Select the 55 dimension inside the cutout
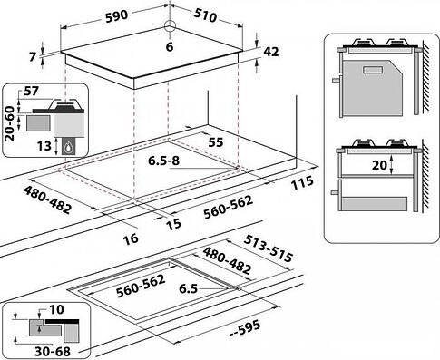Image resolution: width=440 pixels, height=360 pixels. click(x=216, y=143)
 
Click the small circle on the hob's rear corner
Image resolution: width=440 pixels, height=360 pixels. click(x=169, y=25)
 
